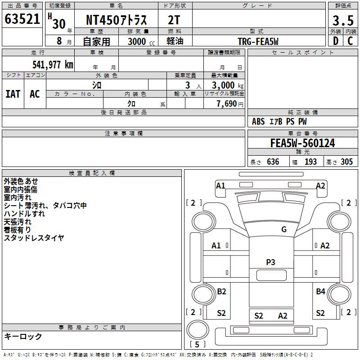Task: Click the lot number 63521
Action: point(22,19)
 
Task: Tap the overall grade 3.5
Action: point(343,20)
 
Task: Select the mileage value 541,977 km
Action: point(53,64)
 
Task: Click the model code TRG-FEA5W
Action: point(258,41)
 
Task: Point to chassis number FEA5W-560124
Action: point(302,143)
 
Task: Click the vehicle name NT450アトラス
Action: point(116,20)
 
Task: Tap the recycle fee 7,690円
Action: point(230,104)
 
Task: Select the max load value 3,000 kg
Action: point(228,85)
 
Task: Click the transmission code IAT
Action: point(13,94)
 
